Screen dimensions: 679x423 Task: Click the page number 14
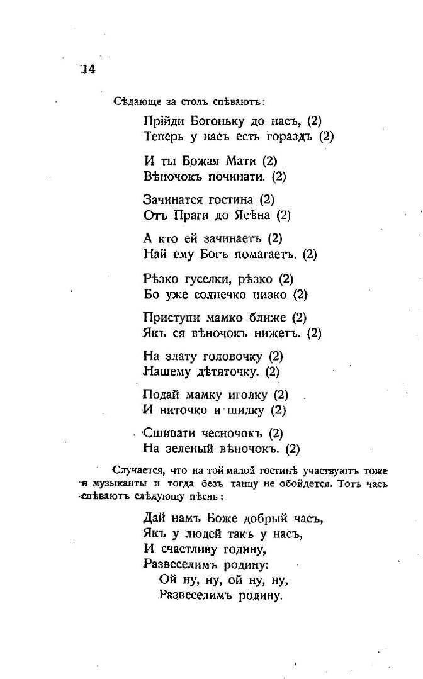(x=87, y=69)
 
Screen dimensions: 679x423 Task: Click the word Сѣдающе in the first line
(x=131, y=101)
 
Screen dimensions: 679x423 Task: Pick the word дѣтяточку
(x=223, y=372)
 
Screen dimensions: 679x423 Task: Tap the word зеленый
(x=191, y=449)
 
